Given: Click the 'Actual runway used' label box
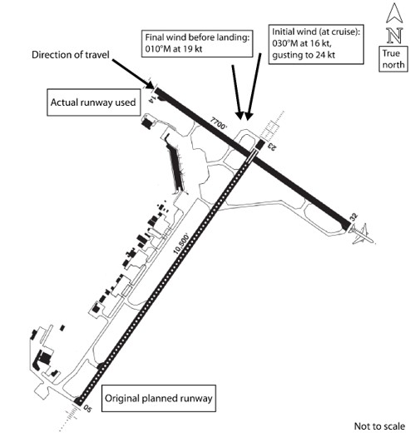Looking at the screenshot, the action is point(93,102).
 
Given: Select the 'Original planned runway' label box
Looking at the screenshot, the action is point(158,398).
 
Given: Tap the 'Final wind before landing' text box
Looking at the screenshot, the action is point(197,43).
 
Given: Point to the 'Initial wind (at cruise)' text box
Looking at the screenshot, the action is point(316,44).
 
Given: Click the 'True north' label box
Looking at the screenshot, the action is point(393,59).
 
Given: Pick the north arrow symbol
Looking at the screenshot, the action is point(394,12).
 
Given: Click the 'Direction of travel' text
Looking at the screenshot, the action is point(71,55).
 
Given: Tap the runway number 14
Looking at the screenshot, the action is point(153,99).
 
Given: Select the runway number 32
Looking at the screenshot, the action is point(353,217).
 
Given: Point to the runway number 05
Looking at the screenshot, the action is point(87,409).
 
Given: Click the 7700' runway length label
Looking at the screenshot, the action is point(219,123).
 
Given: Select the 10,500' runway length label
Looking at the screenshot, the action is point(180,244).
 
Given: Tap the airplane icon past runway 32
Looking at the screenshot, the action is point(361,233).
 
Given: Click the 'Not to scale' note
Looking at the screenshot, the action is point(379,426).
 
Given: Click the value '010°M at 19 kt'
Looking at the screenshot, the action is point(174,49).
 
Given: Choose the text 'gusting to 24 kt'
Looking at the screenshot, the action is point(304,55).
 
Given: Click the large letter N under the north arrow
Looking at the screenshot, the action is point(395,36).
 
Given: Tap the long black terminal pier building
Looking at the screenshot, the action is point(175,165).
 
